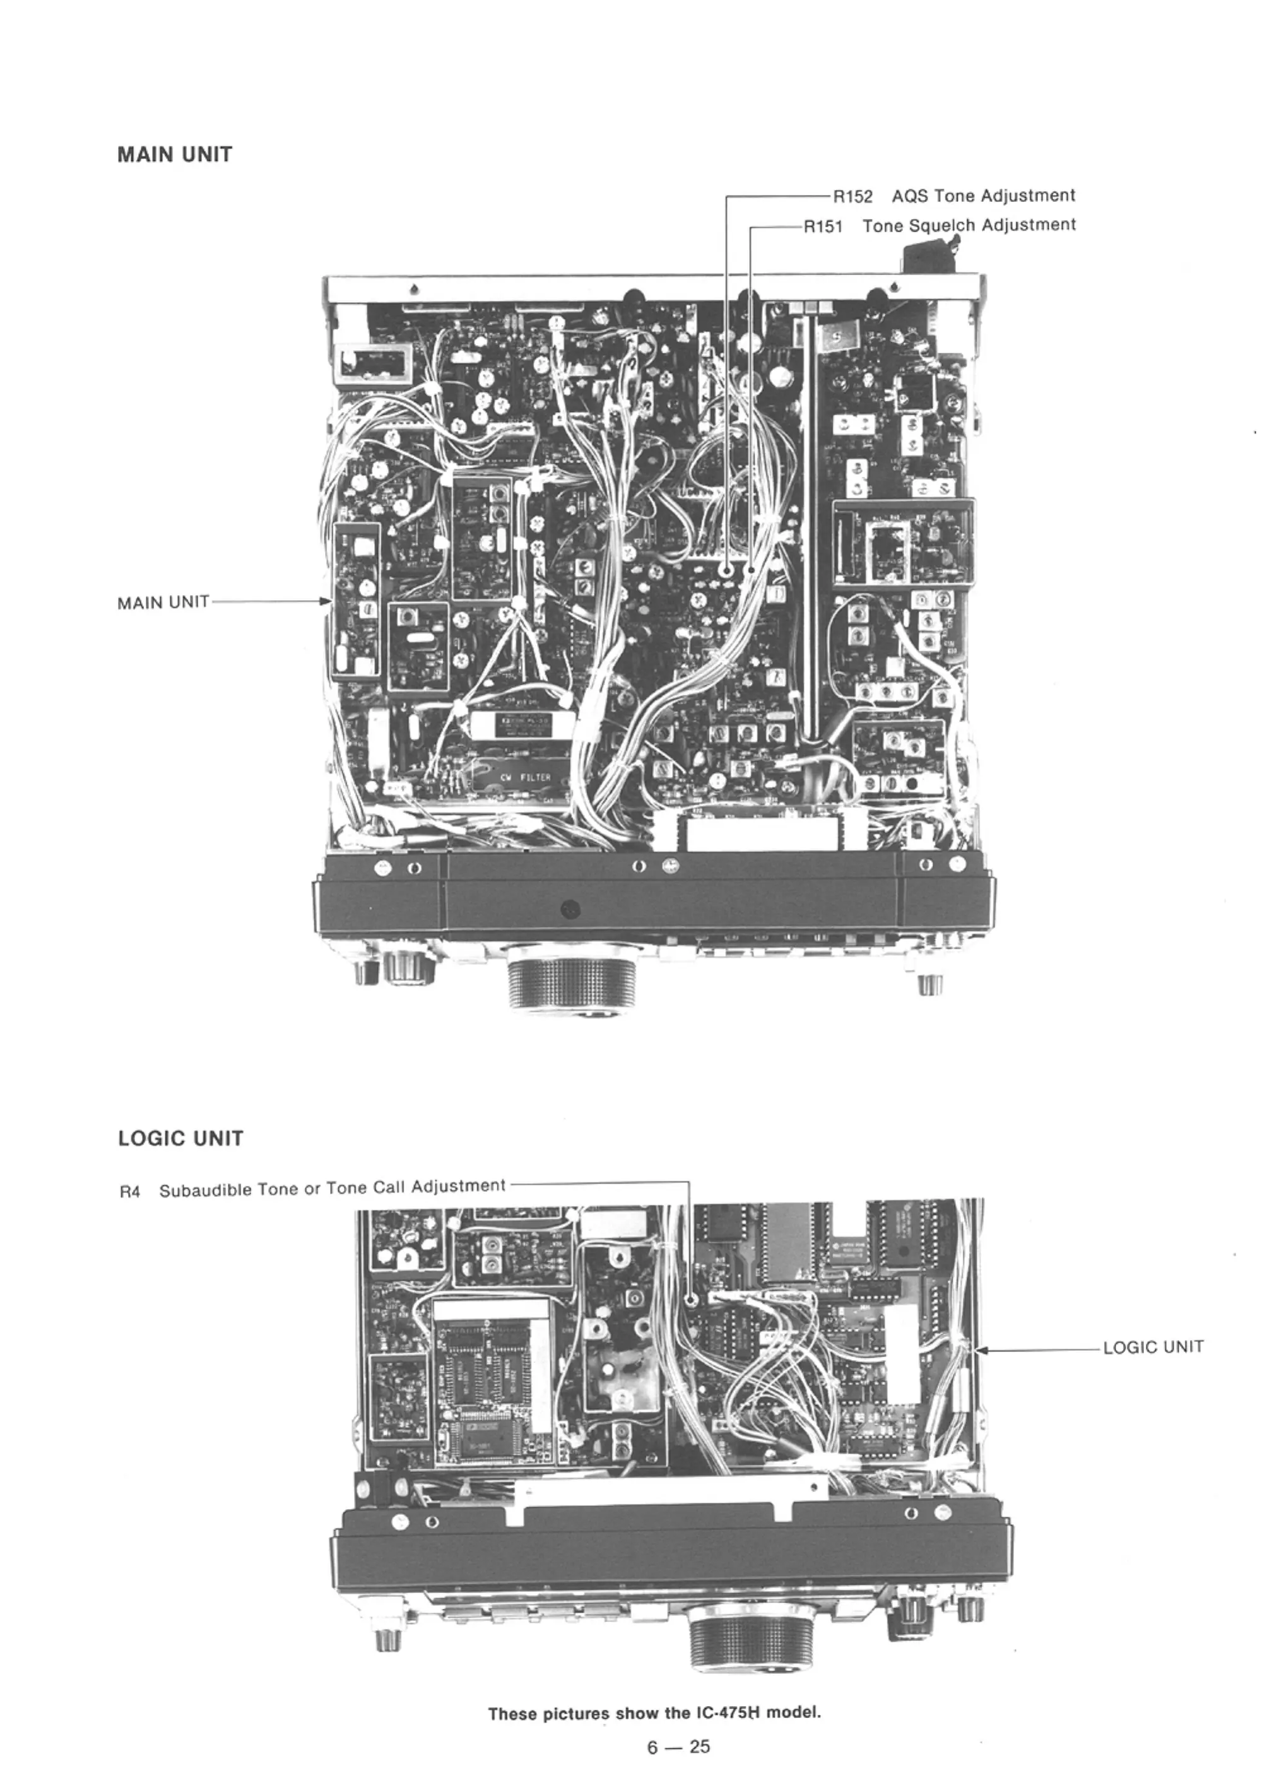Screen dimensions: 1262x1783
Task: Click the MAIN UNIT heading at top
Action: (x=174, y=155)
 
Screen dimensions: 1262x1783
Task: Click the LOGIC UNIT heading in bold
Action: (x=180, y=1139)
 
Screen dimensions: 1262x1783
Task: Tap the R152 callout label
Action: (x=852, y=197)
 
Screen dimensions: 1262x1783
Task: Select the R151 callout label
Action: (x=823, y=227)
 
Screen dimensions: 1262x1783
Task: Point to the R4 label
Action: (x=130, y=1192)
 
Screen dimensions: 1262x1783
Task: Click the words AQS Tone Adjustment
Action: (x=983, y=196)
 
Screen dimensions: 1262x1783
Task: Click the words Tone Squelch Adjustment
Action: (x=969, y=225)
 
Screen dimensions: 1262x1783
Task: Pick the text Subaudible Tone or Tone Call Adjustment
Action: (x=332, y=1189)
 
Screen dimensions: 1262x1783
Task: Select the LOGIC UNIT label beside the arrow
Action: (x=1152, y=1347)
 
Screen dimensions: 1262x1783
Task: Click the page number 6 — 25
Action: (x=678, y=1746)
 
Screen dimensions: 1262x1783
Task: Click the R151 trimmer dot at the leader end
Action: (x=751, y=570)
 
